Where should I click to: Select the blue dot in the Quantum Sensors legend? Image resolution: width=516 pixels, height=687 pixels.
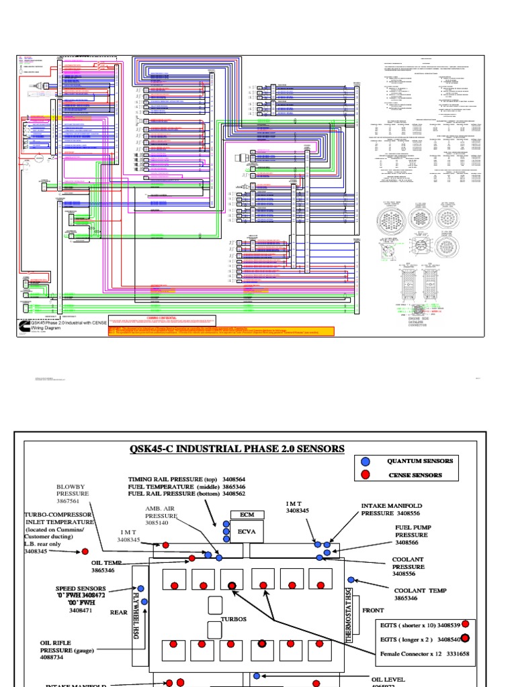tap(365, 461)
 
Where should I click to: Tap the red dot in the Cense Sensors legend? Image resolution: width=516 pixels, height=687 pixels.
tap(365, 475)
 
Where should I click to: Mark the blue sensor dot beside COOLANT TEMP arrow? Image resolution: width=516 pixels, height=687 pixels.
tap(350, 580)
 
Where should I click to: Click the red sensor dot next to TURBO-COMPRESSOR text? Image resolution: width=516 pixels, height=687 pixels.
tap(85, 551)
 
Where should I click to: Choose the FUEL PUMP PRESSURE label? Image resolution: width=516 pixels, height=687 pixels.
tap(411, 535)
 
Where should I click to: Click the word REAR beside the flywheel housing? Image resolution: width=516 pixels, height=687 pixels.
tap(118, 611)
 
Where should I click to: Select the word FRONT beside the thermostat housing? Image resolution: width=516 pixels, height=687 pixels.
tap(374, 611)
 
